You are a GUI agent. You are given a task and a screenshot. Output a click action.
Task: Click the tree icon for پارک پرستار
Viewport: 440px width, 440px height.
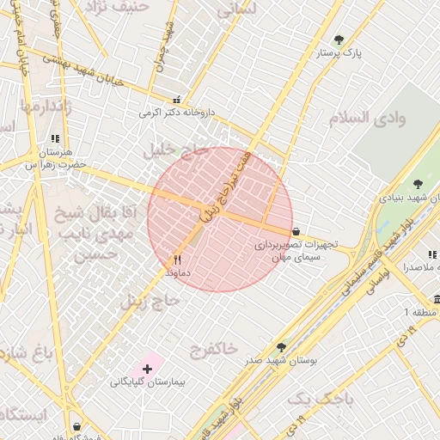[x=339, y=40]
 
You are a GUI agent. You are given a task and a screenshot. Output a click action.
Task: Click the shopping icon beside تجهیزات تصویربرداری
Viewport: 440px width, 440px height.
[x=296, y=231]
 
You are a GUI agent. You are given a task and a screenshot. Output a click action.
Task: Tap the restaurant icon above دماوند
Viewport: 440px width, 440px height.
[x=178, y=259]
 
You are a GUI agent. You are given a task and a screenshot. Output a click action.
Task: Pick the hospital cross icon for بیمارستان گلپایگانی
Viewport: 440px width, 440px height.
[x=147, y=368]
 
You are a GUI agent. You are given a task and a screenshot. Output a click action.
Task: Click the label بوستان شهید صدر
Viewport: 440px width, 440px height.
[x=281, y=361]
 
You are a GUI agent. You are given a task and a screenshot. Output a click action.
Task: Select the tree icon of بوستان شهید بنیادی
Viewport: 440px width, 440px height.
[x=418, y=184]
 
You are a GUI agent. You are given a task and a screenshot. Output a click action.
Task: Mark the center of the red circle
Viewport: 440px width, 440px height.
[x=220, y=219]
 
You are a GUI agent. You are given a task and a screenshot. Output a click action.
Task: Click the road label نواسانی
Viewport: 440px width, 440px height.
[x=376, y=279]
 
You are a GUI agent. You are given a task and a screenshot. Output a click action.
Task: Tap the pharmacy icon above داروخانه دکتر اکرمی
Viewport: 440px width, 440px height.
[x=177, y=100]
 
